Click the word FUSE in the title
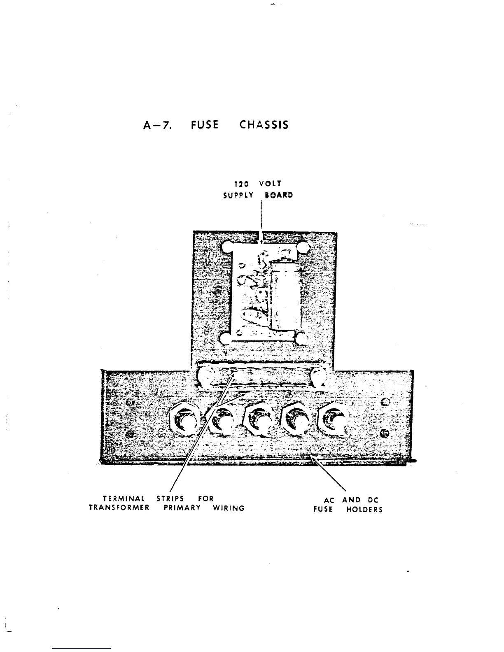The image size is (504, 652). tap(205, 125)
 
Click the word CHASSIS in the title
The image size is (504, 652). tap(264, 125)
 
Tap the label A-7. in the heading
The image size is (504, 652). tap(156, 125)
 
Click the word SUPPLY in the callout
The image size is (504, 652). tap(238, 196)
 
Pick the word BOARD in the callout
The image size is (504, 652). tap(279, 196)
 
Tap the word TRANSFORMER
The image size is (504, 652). tap(119, 508)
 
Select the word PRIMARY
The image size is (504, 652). tap(182, 508)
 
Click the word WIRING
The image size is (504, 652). tap(229, 508)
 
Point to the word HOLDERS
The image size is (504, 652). tap(364, 510)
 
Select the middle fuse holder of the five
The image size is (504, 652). tap(259, 421)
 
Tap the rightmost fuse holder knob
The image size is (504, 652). tap(334, 421)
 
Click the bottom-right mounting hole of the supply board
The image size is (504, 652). tap(301, 339)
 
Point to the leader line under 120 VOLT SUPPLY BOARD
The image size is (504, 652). tap(261, 218)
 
